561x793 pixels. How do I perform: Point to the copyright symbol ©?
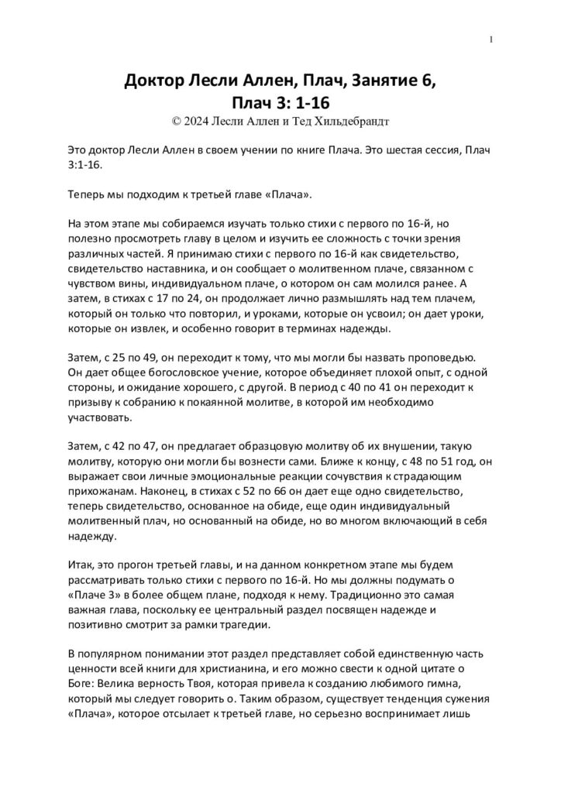point(174,121)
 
